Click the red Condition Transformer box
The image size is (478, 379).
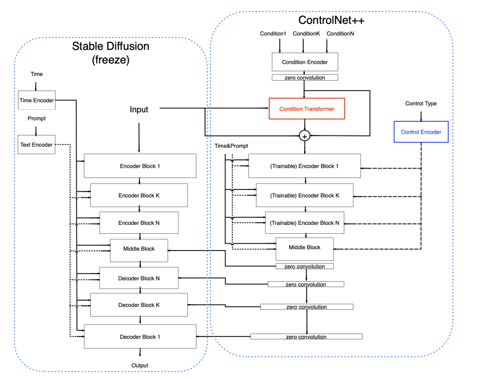point(307,109)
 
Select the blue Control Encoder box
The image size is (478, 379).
point(421,132)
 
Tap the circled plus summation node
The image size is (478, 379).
point(305,136)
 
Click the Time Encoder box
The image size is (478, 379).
point(36,101)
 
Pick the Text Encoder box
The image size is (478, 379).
point(36,145)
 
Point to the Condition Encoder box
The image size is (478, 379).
point(305,62)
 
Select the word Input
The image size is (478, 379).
point(139,109)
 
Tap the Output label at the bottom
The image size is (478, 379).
point(140,365)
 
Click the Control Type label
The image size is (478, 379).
point(421,104)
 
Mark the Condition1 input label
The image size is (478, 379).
point(273,34)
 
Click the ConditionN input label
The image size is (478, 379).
point(340,34)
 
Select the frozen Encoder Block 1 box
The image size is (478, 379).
point(140,166)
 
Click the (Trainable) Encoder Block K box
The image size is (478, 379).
point(305,195)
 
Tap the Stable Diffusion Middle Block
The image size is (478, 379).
point(139,249)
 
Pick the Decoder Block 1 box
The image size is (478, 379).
point(140,337)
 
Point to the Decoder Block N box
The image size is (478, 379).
point(139,278)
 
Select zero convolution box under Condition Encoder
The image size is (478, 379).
point(305,77)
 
